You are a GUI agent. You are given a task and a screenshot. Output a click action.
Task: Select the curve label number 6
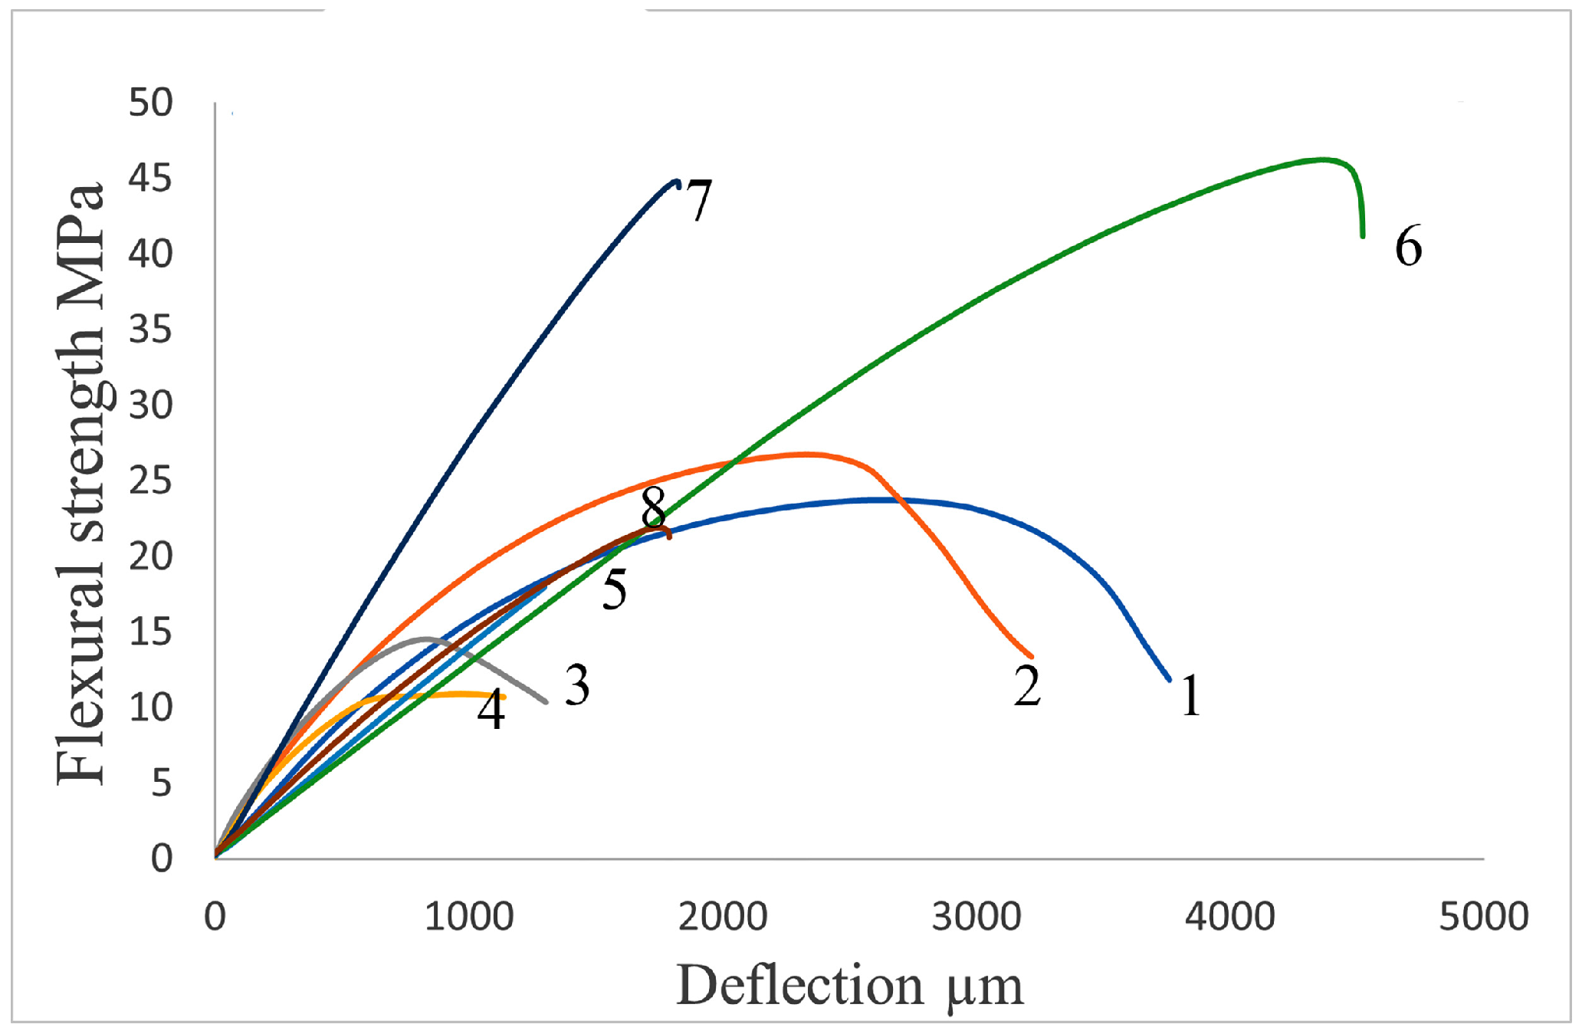click(x=1408, y=246)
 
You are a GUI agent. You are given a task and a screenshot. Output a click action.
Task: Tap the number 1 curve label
click(x=1190, y=695)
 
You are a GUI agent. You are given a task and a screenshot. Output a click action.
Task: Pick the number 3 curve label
click(x=577, y=684)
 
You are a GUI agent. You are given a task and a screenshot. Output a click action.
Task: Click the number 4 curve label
click(x=491, y=710)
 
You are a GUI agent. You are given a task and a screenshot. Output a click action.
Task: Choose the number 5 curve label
click(x=614, y=589)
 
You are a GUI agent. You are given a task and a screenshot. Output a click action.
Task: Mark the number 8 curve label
click(x=654, y=507)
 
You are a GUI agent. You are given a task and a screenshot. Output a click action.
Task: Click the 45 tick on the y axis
click(x=150, y=179)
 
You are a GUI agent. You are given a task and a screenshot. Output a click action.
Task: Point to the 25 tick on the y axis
click(x=150, y=481)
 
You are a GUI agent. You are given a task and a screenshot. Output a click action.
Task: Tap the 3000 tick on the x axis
click(x=976, y=917)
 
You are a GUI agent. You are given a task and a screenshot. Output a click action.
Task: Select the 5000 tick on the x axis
click(x=1483, y=917)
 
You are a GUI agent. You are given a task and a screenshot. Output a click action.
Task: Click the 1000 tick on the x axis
click(x=469, y=917)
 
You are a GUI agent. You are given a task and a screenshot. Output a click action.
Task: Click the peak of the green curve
click(x=1322, y=159)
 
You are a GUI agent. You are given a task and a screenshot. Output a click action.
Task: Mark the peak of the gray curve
click(x=426, y=638)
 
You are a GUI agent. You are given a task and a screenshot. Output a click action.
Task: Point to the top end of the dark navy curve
click(x=676, y=182)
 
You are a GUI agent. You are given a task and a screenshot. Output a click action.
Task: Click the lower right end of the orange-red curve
click(x=1032, y=656)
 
